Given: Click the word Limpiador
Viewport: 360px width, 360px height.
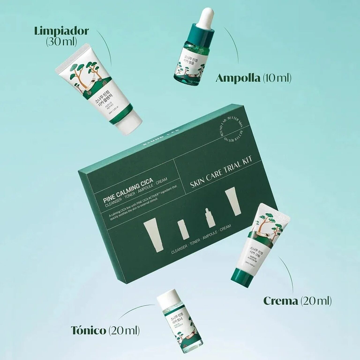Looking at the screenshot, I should [62, 30].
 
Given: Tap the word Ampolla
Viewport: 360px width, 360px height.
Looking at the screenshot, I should [238, 78].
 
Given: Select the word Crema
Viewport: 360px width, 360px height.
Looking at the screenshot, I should [281, 301].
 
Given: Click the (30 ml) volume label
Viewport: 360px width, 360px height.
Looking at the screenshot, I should [62, 41].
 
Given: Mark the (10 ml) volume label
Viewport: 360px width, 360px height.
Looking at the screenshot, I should [277, 78].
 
